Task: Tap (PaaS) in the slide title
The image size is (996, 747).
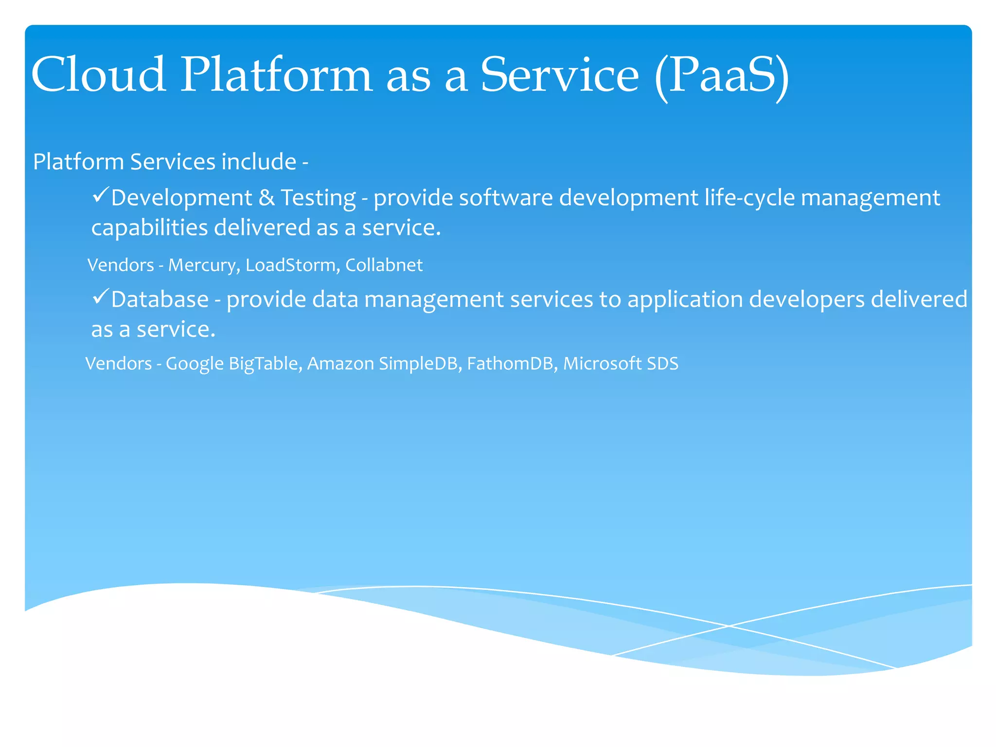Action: click(x=722, y=75)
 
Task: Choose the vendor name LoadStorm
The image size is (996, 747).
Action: click(x=290, y=266)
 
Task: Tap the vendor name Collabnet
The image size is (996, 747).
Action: click(x=384, y=266)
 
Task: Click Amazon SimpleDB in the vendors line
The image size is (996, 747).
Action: click(x=383, y=364)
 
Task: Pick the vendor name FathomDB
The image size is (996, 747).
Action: click(x=510, y=364)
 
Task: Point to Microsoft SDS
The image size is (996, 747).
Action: click(x=621, y=364)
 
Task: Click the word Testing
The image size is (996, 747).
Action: click(x=319, y=198)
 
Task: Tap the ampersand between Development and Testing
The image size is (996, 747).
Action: click(x=266, y=198)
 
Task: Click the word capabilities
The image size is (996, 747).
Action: click(x=149, y=228)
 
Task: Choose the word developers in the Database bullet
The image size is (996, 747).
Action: click(x=807, y=300)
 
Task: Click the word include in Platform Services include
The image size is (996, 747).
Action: click(x=259, y=162)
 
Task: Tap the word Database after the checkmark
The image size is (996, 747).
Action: click(x=160, y=300)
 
